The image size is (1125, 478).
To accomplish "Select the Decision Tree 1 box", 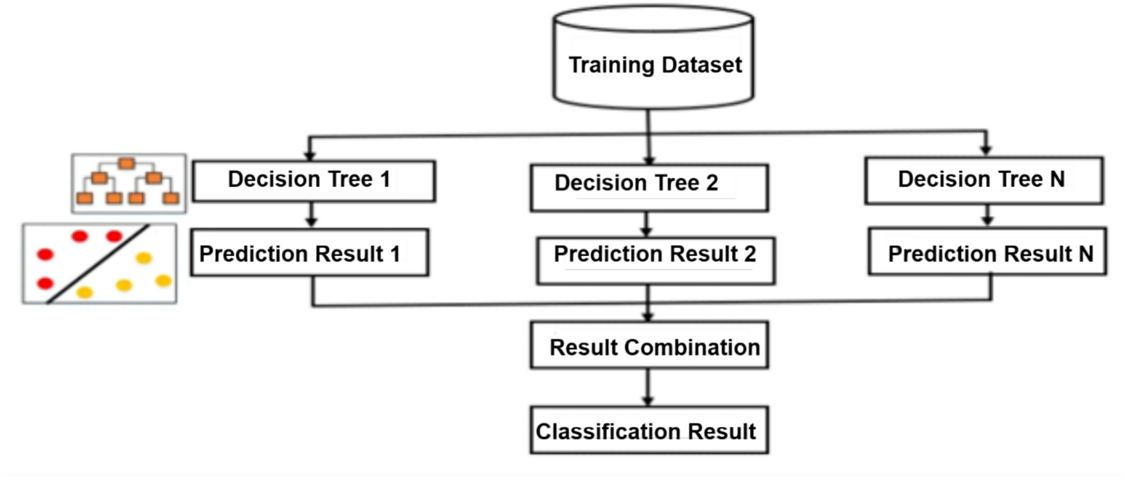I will (313, 181).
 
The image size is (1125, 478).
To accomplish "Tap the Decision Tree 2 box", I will (649, 188).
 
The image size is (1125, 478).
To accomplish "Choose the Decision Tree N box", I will (983, 181).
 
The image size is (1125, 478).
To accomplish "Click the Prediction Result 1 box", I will (309, 253).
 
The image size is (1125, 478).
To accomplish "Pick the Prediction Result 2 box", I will (655, 260).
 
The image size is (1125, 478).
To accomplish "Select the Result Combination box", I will (649, 346).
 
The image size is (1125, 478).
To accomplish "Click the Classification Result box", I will (649, 430).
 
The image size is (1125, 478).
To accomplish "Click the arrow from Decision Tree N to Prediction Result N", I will (987, 215).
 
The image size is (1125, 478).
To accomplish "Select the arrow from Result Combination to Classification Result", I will (648, 387).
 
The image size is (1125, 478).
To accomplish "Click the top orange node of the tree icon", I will (126, 163).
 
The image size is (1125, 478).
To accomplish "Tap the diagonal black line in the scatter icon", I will (98, 263).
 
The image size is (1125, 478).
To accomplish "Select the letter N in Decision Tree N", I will (1057, 179).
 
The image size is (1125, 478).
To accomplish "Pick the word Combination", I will (692, 347).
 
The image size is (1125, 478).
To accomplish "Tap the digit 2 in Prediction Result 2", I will (750, 254).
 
